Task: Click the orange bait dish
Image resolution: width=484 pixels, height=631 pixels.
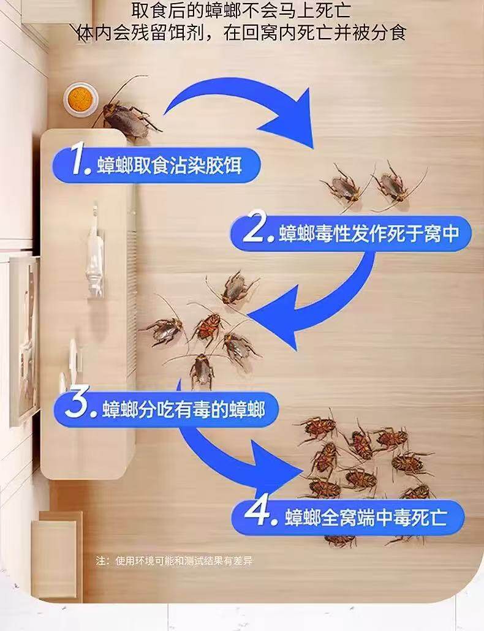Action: (80, 98)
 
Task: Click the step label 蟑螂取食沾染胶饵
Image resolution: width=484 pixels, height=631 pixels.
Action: (169, 165)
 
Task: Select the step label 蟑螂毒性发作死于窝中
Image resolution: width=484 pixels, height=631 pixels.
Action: (369, 233)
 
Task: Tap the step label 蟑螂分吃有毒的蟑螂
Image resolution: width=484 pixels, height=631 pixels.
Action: (183, 409)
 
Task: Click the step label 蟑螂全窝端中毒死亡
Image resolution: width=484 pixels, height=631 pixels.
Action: (366, 517)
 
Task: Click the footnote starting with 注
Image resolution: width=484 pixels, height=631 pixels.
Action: (174, 561)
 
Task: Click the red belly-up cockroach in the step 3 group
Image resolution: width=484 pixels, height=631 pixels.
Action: (208, 325)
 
